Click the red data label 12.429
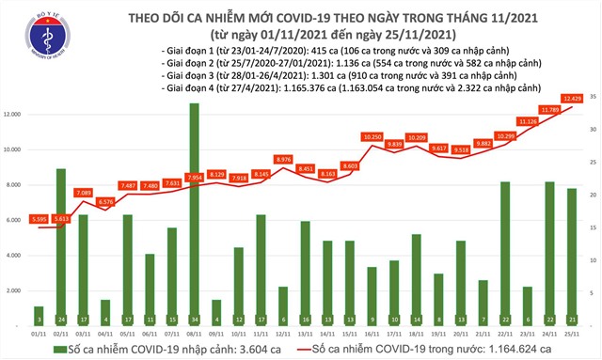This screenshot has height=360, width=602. (x=571, y=99)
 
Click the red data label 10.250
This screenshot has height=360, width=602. (x=372, y=136)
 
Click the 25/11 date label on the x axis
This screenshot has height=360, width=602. (x=573, y=333)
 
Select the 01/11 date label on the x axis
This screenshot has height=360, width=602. (x=39, y=333)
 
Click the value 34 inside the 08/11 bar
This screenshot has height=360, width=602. (x=194, y=319)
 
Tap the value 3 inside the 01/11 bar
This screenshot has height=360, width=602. (x=39, y=319)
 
